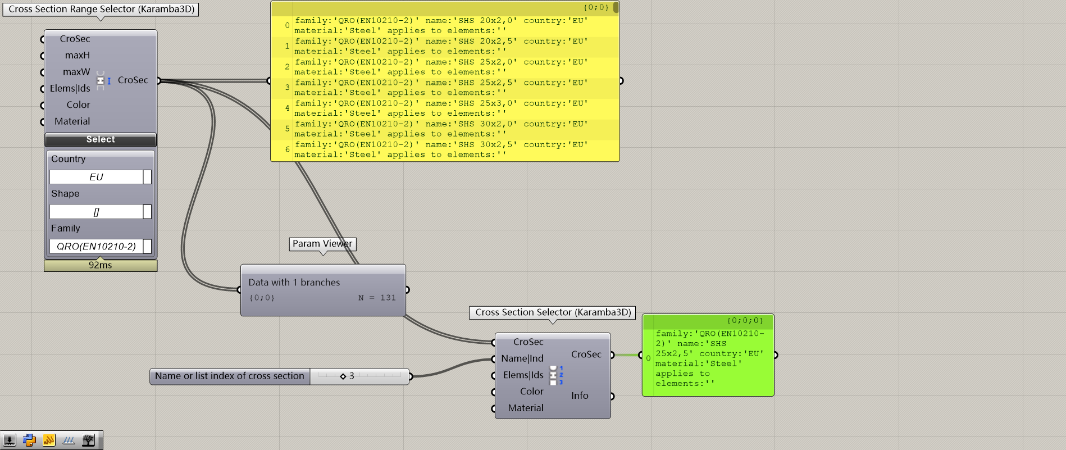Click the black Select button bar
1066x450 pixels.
pos(101,139)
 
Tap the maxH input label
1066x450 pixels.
pos(77,55)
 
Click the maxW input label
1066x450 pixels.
pos(76,72)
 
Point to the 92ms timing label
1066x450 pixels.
pos(101,265)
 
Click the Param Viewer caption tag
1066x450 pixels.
pos(322,244)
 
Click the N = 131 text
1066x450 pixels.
pos(377,298)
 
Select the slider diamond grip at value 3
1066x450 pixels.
pos(343,376)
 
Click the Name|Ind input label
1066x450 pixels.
pos(522,358)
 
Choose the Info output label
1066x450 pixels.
pos(580,396)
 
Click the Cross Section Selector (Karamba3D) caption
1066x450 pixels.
pos(553,312)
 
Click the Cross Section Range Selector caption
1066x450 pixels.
pos(101,9)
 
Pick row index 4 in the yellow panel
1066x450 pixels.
pos(287,108)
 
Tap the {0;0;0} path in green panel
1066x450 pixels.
pos(745,321)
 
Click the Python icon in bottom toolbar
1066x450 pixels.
pos(29,440)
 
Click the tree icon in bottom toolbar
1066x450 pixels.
pos(88,440)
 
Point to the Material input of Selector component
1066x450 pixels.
pos(525,408)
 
